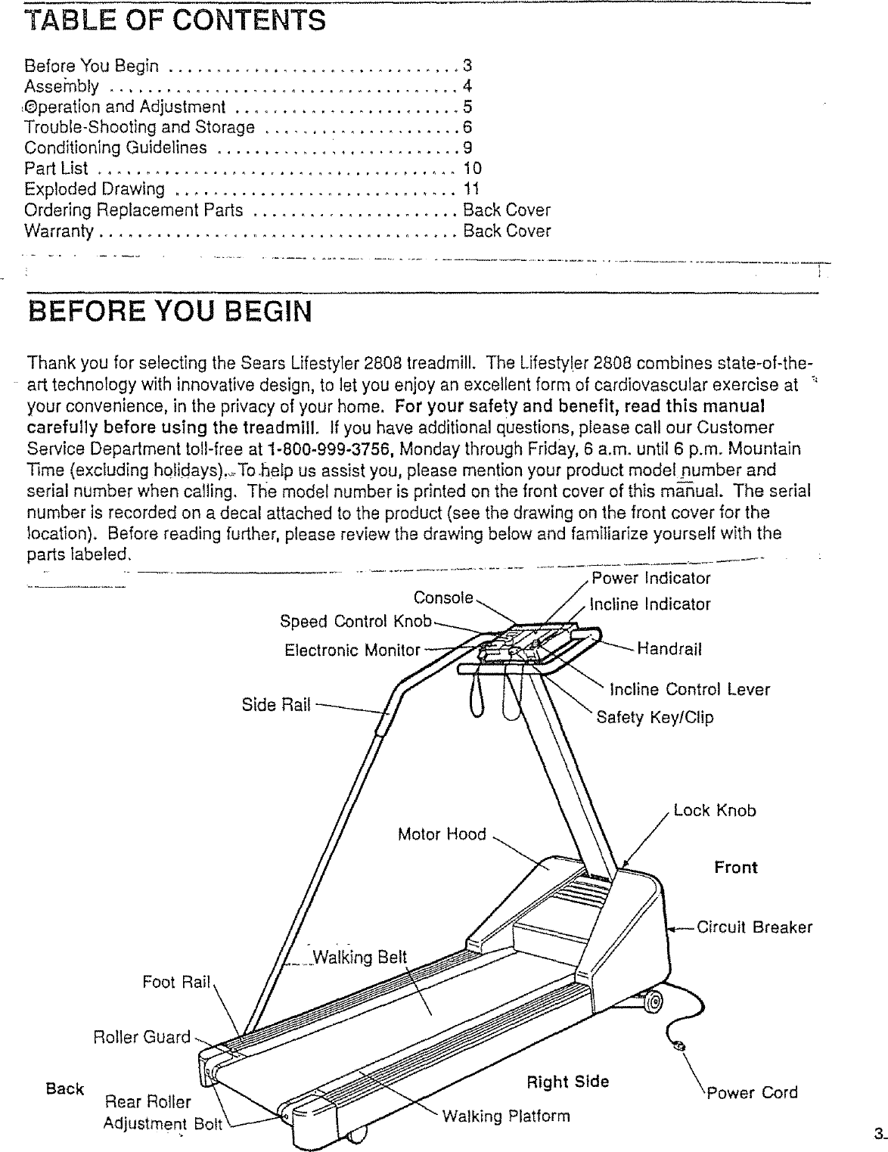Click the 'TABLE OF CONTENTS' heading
coord(175,20)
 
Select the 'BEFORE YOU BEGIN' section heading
coord(169,311)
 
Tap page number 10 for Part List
coord(472,168)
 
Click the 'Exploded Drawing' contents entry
coord(95,188)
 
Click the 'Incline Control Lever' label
coord(690,689)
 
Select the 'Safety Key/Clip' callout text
coord(655,716)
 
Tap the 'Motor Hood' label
coord(442,834)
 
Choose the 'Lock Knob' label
coord(714,811)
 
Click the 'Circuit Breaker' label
coord(754,927)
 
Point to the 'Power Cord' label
coord(752,1092)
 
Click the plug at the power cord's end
coord(678,1046)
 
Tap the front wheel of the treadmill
coord(652,1001)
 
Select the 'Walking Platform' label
coord(505,1116)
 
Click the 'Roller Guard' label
coord(141,1036)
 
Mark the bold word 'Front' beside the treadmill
coord(735,867)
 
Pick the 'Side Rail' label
coord(276,705)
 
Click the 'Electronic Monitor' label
coord(352,650)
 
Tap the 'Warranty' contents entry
coord(59,230)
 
